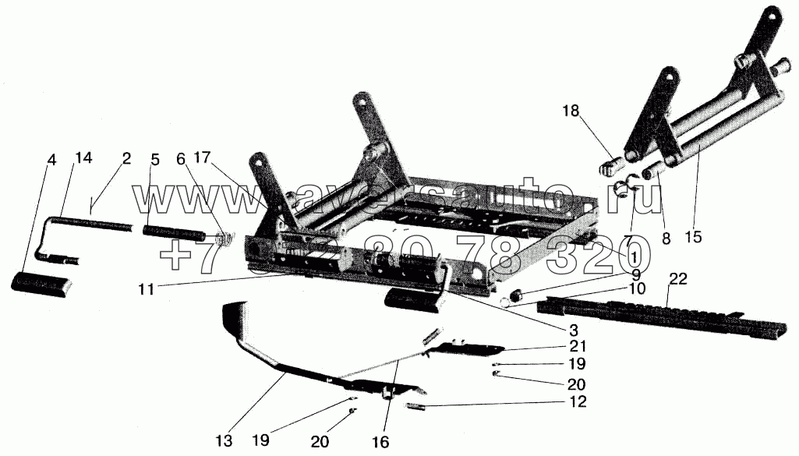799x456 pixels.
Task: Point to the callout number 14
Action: tap(83, 158)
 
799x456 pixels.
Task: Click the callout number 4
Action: tap(52, 161)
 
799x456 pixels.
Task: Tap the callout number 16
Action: tap(380, 441)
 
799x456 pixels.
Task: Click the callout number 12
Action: tap(578, 402)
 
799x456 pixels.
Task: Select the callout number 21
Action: tap(578, 345)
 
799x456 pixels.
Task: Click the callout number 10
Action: tap(638, 288)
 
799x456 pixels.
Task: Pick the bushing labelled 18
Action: tap(610, 167)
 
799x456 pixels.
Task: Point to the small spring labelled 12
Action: tap(415, 406)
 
